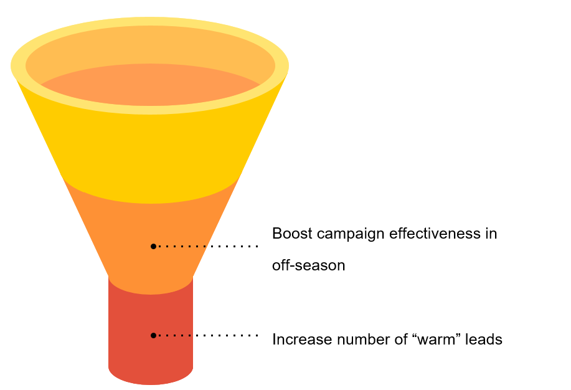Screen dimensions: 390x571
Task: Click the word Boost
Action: (x=291, y=234)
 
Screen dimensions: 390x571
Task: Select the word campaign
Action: (x=351, y=234)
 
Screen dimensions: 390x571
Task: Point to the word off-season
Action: (x=308, y=265)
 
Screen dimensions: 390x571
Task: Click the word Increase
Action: (x=302, y=340)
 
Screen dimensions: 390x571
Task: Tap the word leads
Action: (x=485, y=340)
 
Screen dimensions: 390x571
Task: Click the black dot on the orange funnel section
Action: (x=153, y=246)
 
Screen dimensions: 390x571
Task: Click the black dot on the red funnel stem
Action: (x=153, y=335)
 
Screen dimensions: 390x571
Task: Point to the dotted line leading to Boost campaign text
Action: (x=209, y=246)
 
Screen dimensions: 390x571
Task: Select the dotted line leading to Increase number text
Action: (x=209, y=335)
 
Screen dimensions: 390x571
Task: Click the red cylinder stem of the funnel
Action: (x=131, y=324)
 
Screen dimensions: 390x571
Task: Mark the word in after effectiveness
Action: (x=491, y=234)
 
